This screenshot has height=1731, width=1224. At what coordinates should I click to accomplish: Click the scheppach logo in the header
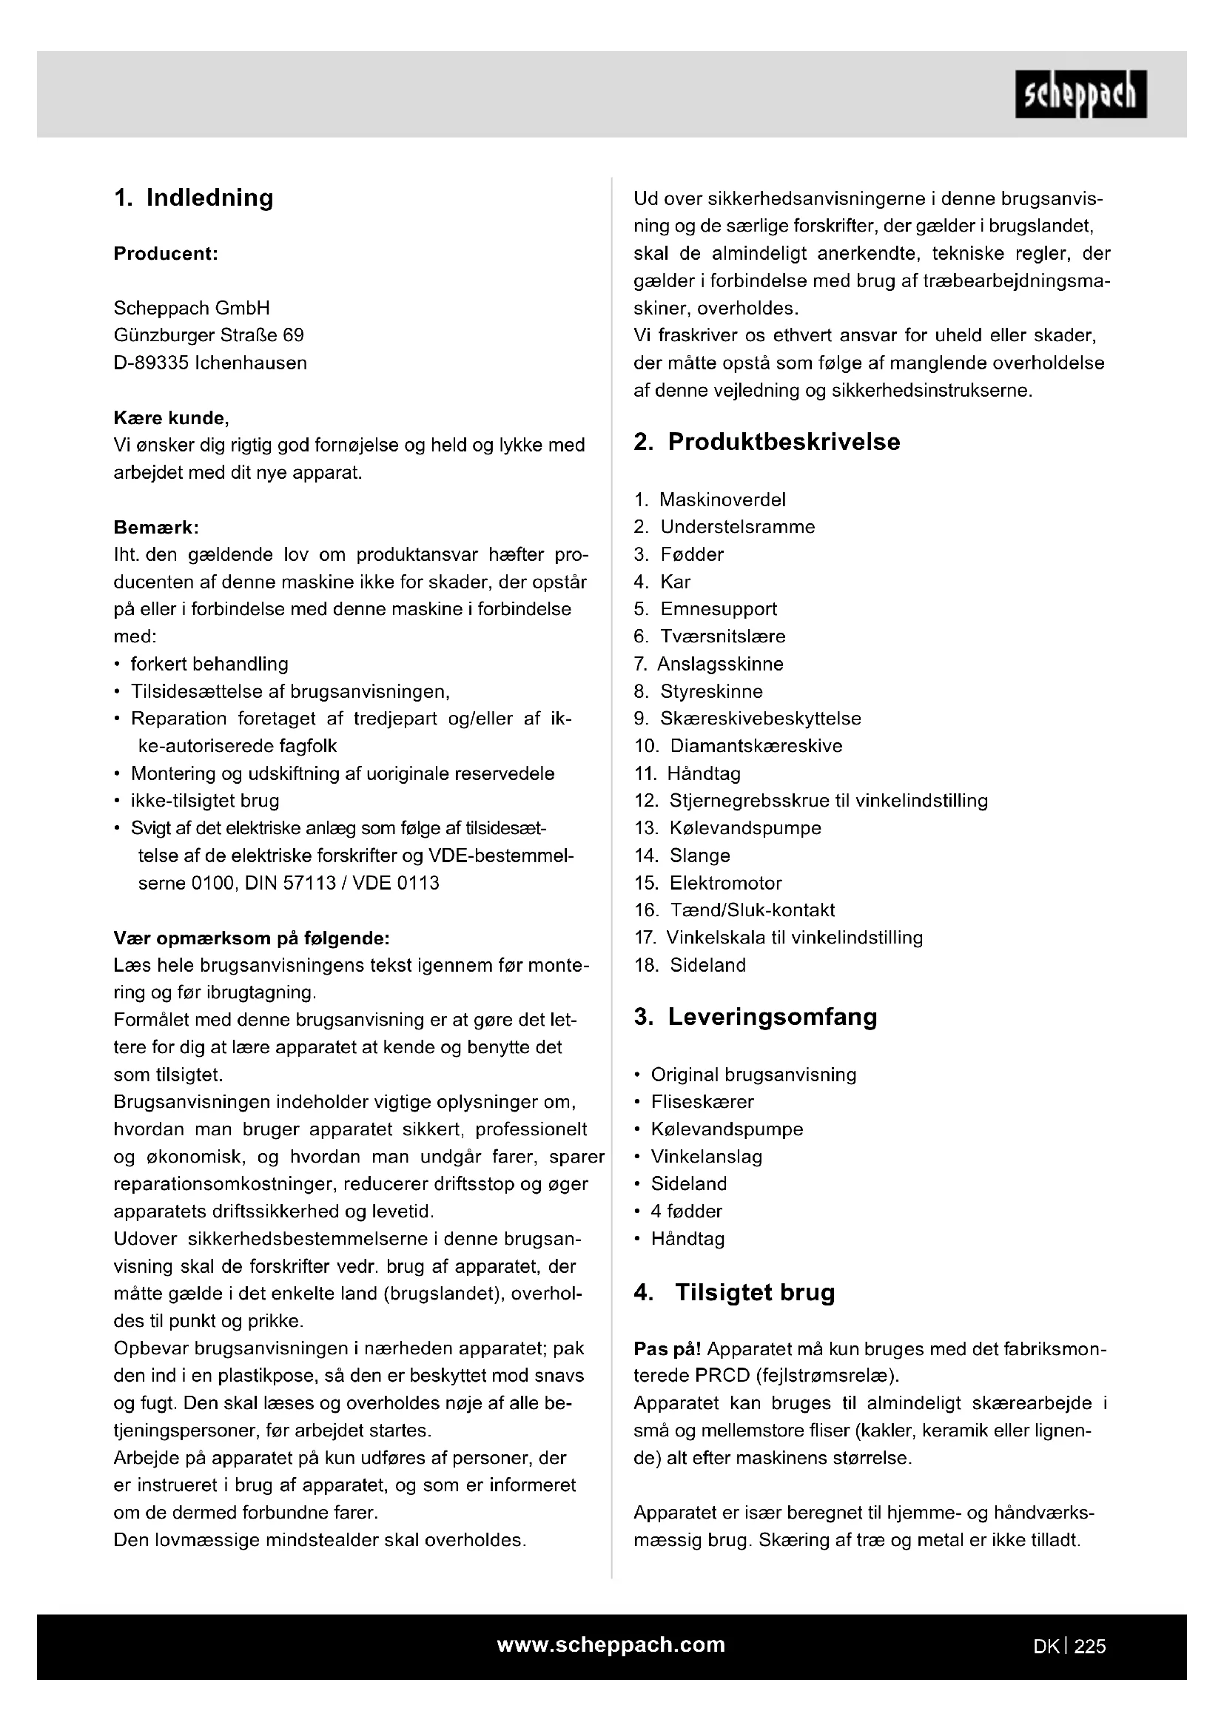[x=1080, y=94]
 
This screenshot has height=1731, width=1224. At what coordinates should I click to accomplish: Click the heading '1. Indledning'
[x=194, y=198]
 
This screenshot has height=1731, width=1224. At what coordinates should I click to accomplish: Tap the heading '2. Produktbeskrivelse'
[x=767, y=442]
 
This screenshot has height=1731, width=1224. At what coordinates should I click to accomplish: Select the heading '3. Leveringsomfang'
[x=756, y=1017]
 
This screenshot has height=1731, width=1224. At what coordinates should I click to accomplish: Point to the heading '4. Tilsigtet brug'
[x=735, y=1292]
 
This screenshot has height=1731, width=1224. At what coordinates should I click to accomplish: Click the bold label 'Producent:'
[x=166, y=254]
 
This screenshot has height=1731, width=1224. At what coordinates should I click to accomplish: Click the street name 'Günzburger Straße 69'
[x=209, y=335]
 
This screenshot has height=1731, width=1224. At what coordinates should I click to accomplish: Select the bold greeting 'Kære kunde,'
[x=171, y=418]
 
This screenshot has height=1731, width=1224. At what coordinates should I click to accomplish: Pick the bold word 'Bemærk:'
[x=156, y=528]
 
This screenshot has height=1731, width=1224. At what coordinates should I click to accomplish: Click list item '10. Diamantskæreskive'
[x=739, y=747]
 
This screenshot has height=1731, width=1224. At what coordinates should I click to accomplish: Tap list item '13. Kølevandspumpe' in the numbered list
[x=728, y=829]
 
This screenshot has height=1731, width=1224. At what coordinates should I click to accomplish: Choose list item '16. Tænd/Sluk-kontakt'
[x=735, y=911]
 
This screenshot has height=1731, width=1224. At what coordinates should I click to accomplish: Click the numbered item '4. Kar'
[x=662, y=582]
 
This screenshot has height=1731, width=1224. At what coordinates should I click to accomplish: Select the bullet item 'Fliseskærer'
[x=702, y=1102]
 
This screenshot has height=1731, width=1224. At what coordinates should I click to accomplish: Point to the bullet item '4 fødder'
[x=687, y=1211]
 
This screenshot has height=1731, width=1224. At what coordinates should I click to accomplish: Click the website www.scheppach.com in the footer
[x=611, y=1645]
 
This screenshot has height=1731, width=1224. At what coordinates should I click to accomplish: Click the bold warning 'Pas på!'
[x=668, y=1349]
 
